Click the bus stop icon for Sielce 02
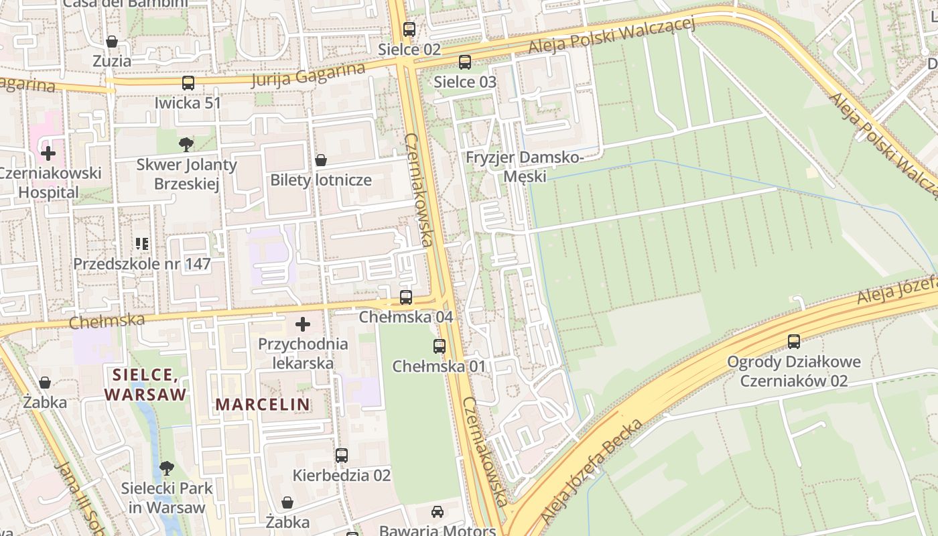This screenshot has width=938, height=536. tap(409, 29)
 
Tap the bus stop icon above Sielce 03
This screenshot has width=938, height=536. tap(464, 62)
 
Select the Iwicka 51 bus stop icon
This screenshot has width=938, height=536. tap(188, 83)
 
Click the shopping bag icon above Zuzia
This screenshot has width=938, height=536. tap(112, 42)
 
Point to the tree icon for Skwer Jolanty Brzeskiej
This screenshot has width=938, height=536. tap(186, 144)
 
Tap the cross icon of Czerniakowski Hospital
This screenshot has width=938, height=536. tap(48, 153)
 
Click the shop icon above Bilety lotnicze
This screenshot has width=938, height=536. tap(321, 160)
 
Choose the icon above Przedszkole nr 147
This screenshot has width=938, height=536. tap(141, 243)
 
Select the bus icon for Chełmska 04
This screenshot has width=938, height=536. tap(406, 297)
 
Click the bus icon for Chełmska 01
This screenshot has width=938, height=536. tap(440, 346)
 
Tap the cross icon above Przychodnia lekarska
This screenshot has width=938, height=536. tap(303, 325)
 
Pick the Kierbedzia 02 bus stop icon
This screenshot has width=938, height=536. tap(342, 456)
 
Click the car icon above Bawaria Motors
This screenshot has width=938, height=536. tap(437, 512)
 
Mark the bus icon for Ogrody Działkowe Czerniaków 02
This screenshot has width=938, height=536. tap(794, 342)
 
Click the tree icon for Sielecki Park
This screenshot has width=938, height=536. tap(166, 468)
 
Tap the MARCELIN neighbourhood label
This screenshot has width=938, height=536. tap(263, 405)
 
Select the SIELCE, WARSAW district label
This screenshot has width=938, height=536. tap(145, 384)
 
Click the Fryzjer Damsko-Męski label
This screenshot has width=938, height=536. tap(525, 167)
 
